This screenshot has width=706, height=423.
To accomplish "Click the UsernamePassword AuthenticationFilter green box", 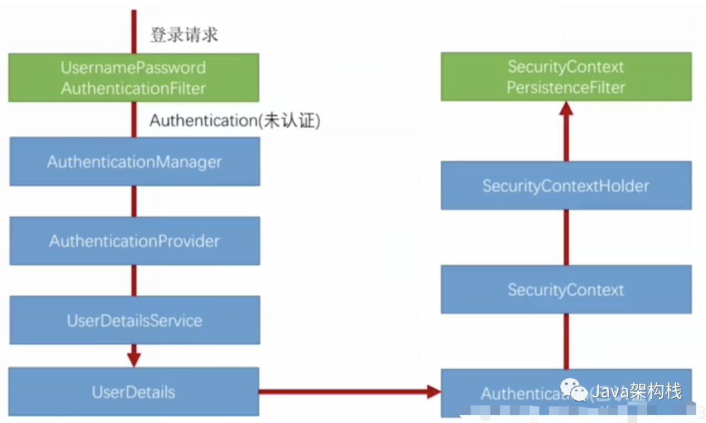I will tap(133, 77).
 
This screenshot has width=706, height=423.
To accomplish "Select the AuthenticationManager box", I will tap(134, 161).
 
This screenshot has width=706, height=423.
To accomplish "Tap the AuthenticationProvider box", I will tap(134, 241).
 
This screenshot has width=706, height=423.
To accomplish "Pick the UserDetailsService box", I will tap(134, 320).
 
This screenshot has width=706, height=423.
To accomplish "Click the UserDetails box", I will tap(133, 392).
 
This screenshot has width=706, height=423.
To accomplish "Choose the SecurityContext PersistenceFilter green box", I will tap(566, 77).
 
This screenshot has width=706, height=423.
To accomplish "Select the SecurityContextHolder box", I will tap(566, 186).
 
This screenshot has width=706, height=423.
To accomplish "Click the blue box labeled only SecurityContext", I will tap(566, 289).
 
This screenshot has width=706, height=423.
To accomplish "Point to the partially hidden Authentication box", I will tap(510, 393).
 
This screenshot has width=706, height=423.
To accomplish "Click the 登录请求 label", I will tap(184, 35).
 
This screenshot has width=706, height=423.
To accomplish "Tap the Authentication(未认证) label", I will tap(235, 120).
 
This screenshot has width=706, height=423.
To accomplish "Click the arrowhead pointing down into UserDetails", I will tap(134, 359).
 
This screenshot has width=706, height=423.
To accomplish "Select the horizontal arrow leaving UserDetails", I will tap(346, 392).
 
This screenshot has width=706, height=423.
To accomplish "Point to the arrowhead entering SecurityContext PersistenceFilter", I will tap(566, 110).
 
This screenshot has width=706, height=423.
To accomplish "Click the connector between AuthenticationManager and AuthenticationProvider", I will tap(134, 201).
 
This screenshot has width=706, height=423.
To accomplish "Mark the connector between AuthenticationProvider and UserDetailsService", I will tap(134, 280).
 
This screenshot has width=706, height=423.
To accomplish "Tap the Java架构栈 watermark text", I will tap(637, 391).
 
